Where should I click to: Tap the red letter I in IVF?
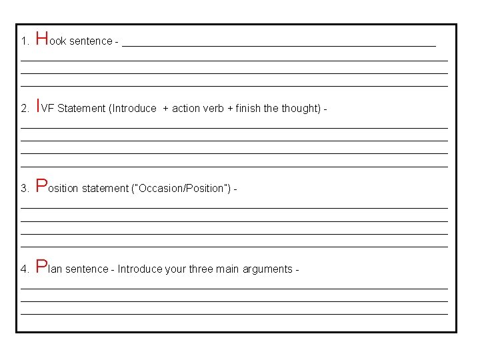[x=38, y=105]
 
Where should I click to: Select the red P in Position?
[x=41, y=185]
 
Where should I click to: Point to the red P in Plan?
[x=41, y=266]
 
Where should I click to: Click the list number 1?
[x=24, y=41]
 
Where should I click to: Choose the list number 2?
[x=24, y=109]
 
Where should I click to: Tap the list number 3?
[x=24, y=189]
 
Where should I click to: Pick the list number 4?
[x=24, y=269]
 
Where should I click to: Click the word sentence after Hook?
[x=91, y=41]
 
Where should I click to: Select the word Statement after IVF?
[x=81, y=109]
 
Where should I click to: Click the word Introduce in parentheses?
[x=135, y=109]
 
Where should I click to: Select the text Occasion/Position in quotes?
[x=181, y=189]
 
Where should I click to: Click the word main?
[x=229, y=269]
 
